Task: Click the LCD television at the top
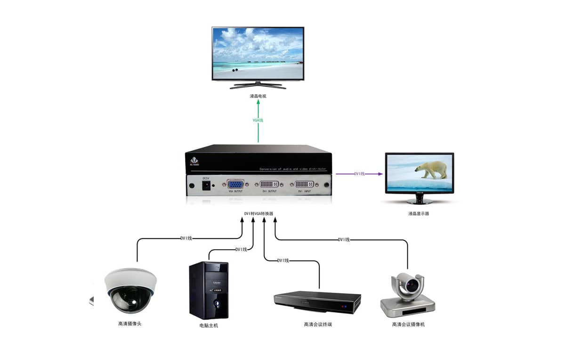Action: (258, 54)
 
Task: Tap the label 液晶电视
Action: (258, 96)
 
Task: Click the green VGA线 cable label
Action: (258, 120)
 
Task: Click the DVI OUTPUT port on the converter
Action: (269, 184)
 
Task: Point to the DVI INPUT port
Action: (306, 184)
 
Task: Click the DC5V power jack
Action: (206, 185)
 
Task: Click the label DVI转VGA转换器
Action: (258, 213)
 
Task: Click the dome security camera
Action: (130, 290)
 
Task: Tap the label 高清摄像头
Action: (129, 324)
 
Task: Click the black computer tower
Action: (209, 290)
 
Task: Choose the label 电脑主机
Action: (209, 326)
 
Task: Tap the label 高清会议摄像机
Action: (408, 324)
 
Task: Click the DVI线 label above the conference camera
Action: (344, 240)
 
